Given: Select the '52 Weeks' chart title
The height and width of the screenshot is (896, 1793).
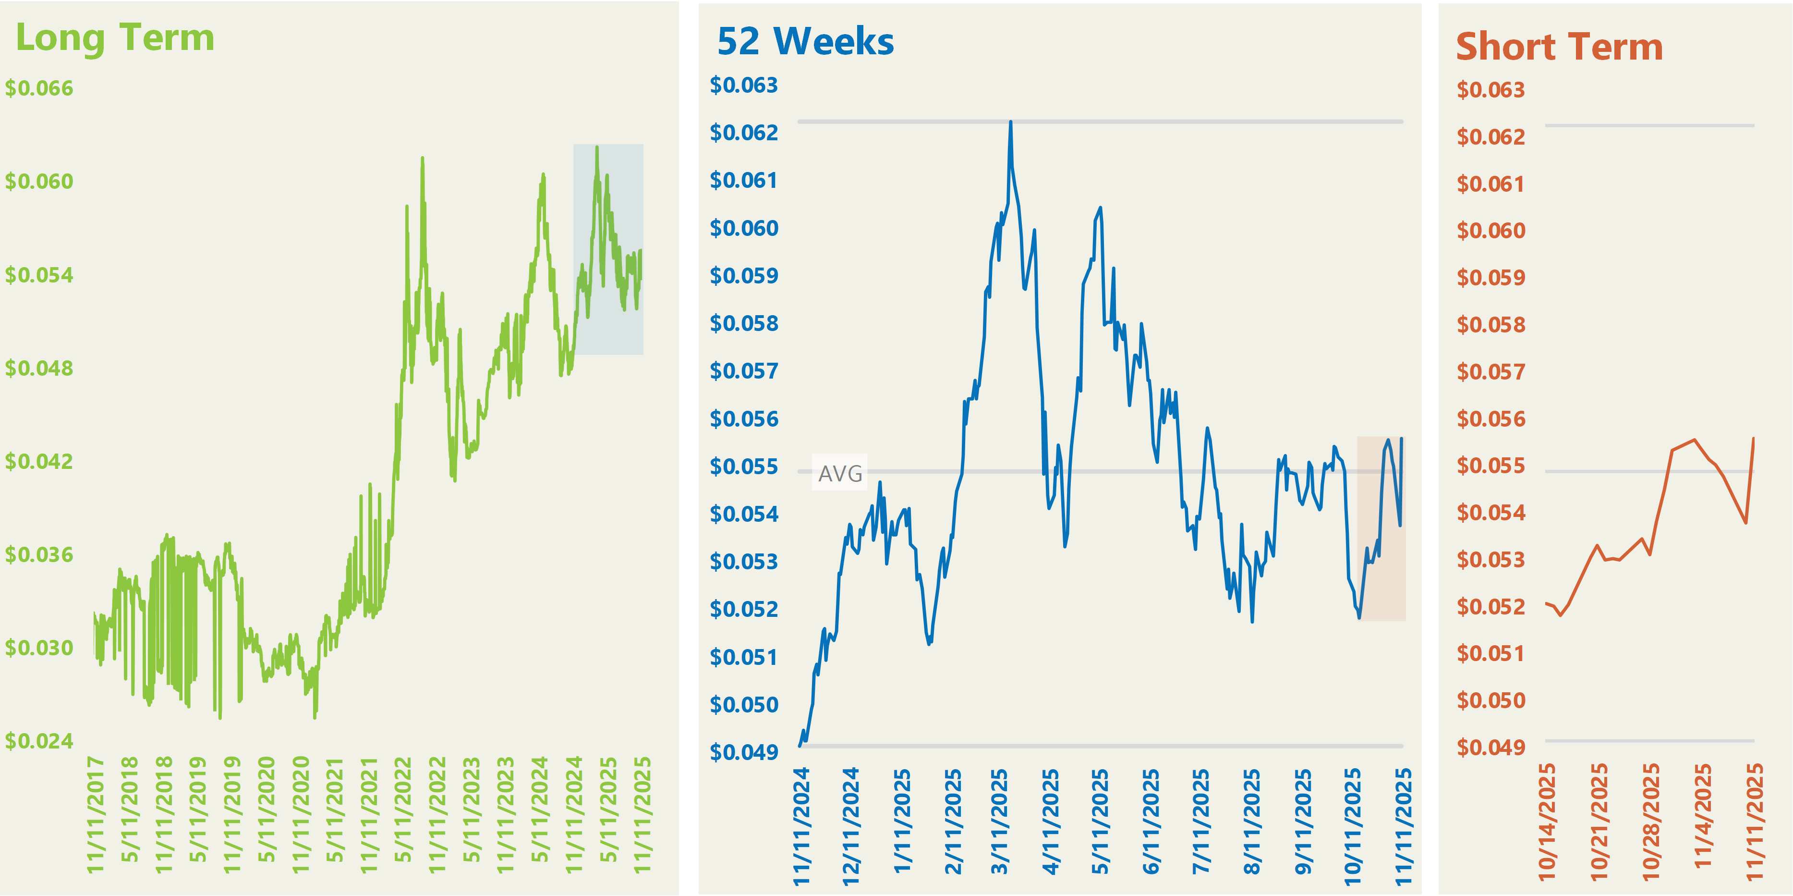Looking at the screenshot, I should point(805,42).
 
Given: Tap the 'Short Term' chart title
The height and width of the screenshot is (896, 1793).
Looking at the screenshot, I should point(1559,48).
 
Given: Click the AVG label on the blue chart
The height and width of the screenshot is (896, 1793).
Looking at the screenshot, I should point(840,473).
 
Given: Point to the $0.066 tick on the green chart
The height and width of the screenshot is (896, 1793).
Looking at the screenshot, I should point(39,88).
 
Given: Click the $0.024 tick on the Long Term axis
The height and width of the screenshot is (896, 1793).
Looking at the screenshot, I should point(39,741).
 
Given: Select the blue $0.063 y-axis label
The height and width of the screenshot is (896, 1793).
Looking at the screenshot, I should point(743,85).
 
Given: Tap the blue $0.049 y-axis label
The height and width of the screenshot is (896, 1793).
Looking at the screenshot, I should point(743,752).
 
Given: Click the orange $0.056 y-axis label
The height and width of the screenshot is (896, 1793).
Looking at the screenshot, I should point(1491,419).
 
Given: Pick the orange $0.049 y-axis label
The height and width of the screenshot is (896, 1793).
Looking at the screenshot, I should point(1491,747).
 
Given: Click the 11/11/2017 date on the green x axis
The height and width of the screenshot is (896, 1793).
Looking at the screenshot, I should point(96,814).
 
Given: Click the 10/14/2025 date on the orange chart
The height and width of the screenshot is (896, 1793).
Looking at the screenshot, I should point(1547,822).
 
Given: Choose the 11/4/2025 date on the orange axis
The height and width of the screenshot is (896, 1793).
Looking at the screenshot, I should point(1703,816).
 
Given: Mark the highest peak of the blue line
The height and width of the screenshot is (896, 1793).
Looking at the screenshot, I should point(1011,123).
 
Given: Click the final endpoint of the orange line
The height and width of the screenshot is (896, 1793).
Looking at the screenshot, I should point(1753,439).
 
